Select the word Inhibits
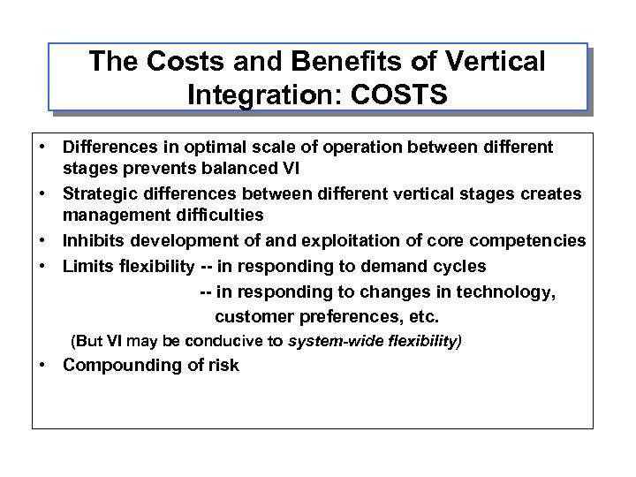click(93, 241)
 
